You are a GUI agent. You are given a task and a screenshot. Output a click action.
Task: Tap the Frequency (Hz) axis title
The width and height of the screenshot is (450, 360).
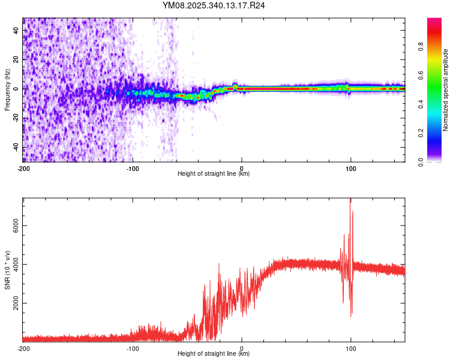[7, 89]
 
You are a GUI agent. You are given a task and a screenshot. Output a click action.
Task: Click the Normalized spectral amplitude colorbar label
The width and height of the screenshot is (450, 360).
[446, 90]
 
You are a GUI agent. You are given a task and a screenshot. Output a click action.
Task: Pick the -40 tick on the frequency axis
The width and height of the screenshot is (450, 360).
[16, 148]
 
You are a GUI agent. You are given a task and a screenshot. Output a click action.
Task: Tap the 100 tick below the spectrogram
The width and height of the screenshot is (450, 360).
[351, 168]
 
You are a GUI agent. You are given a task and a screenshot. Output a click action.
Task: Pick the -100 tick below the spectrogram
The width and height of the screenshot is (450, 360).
[133, 168]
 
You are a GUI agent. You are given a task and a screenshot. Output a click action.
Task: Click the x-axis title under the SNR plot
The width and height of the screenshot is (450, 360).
[214, 354]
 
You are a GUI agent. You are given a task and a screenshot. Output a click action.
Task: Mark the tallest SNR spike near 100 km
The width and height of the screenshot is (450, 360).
[350, 201]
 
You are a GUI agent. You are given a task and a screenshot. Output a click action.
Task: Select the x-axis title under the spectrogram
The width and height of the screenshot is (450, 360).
[214, 174]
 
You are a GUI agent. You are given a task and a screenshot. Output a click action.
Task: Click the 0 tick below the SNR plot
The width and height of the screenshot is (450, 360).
[242, 348]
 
